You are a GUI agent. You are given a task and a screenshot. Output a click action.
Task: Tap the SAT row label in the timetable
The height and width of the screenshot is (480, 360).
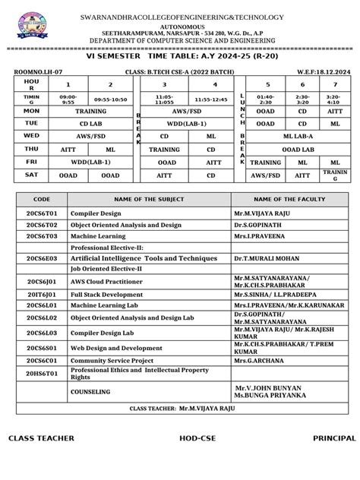tap(32, 175)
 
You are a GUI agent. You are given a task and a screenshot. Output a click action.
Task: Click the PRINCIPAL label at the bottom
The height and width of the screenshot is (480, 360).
tap(333, 439)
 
